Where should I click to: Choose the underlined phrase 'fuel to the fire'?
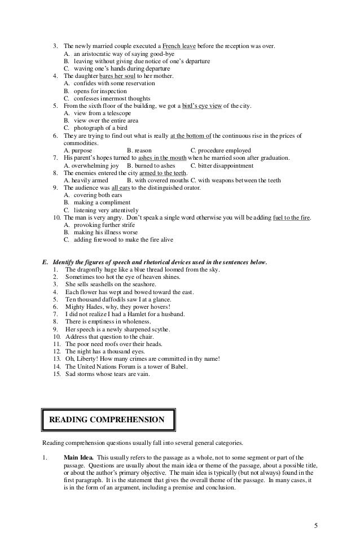291,217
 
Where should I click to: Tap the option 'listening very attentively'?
101,210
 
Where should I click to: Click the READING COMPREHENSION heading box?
107,419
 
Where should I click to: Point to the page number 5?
316,526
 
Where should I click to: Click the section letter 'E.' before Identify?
46,263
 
